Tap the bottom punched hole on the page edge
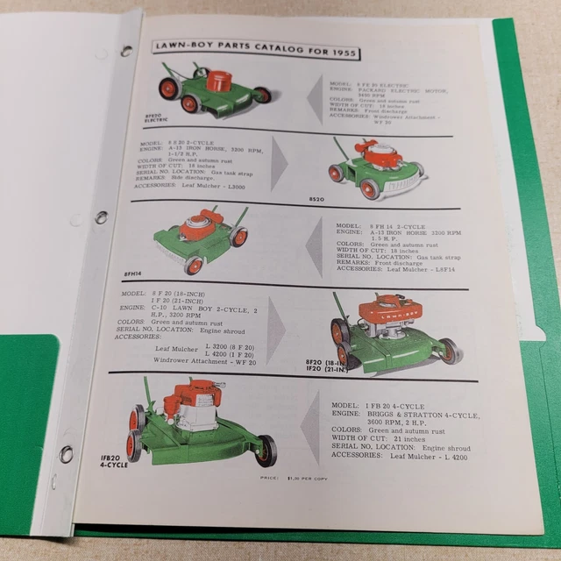coord(66,454)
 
